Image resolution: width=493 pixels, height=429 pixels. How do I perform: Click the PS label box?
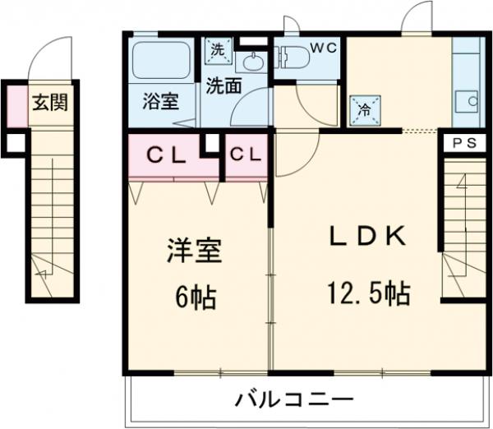click(465, 141)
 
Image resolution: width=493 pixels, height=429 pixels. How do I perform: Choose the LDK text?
click(367, 238)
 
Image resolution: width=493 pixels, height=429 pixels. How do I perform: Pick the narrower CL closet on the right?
click(246, 154)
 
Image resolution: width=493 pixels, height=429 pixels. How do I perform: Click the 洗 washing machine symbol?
click(218, 49)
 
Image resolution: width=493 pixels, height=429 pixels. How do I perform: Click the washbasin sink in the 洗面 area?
click(253, 62)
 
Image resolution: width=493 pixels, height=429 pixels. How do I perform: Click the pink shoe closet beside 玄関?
click(16, 105)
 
